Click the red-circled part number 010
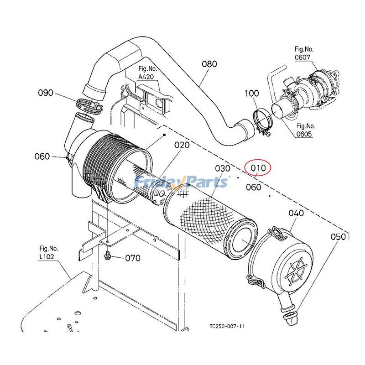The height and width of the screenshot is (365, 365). (x=258, y=168)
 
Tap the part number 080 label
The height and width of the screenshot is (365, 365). (x=209, y=64)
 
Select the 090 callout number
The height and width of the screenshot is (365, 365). (x=46, y=93)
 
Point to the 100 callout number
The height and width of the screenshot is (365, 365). (x=252, y=94)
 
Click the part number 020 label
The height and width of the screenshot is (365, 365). (x=182, y=145)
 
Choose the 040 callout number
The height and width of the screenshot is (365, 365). (x=296, y=214)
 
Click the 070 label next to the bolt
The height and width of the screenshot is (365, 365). (x=132, y=258)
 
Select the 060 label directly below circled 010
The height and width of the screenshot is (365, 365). (x=254, y=187)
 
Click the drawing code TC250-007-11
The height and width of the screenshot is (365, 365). (x=227, y=326)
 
